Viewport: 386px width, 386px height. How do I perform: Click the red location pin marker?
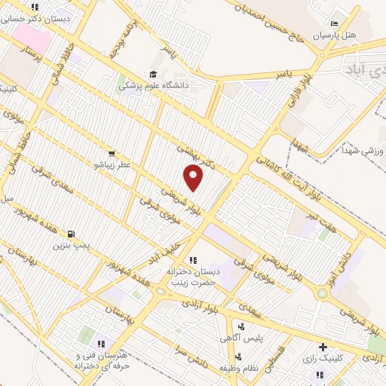coord(195,178)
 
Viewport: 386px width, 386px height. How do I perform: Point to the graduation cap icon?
coord(153,73)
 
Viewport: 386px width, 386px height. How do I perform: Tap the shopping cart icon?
coord(112,152)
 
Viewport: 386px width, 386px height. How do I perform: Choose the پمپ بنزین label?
coord(71,245)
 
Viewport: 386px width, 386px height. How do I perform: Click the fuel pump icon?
coord(71,233)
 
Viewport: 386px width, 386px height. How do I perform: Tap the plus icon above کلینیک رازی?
coord(323,348)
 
